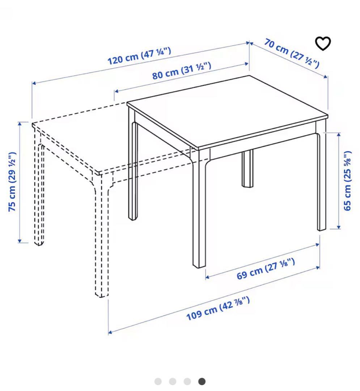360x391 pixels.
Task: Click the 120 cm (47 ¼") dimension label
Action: pyautogui.click(x=139, y=56)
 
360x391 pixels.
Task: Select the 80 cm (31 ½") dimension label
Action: pyautogui.click(x=182, y=71)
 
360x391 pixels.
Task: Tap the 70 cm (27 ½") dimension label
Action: pyautogui.click(x=292, y=53)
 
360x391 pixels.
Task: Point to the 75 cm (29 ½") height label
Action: pyautogui.click(x=12, y=181)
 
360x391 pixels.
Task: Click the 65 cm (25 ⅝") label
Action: pyautogui.click(x=347, y=181)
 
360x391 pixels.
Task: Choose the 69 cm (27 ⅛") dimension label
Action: pyautogui.click(x=266, y=269)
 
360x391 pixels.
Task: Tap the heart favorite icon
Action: pyautogui.click(x=323, y=43)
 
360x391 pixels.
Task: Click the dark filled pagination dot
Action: pyautogui.click(x=202, y=381)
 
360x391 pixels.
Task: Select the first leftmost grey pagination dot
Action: pyautogui.click(x=158, y=381)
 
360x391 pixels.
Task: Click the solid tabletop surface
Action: pyautogui.click(x=227, y=112)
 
